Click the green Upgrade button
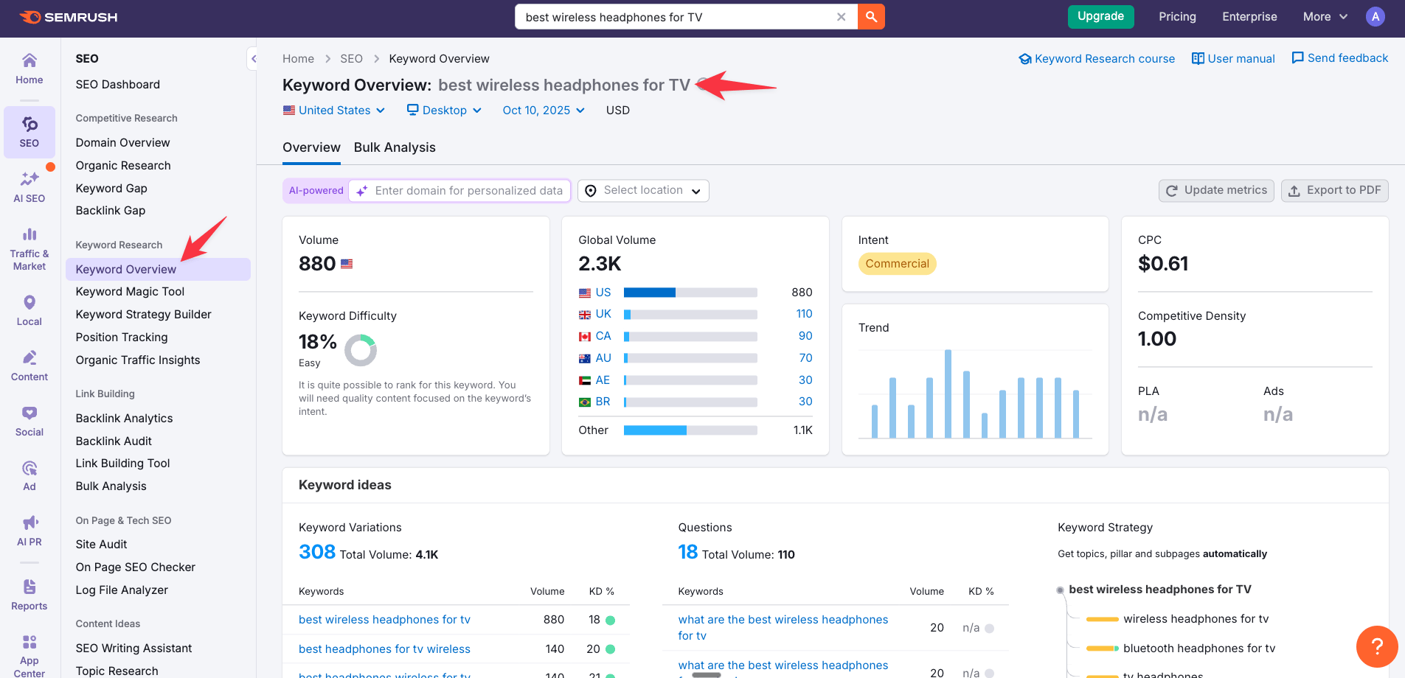pyautogui.click(x=1100, y=16)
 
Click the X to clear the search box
pyautogui.click(x=841, y=17)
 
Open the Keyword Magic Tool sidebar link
pyautogui.click(x=130, y=292)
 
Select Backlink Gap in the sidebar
pyautogui.click(x=111, y=211)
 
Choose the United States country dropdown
pyautogui.click(x=334, y=111)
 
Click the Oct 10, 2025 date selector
pyautogui.click(x=543, y=111)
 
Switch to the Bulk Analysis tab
pyautogui.click(x=395, y=147)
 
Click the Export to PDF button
pyautogui.click(x=1334, y=190)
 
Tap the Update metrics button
pyautogui.click(x=1215, y=190)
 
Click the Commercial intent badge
pyautogui.click(x=897, y=264)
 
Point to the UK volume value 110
pyautogui.click(x=804, y=314)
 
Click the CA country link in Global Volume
pyautogui.click(x=603, y=336)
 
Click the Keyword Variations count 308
pyautogui.click(x=317, y=552)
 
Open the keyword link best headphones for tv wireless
pyautogui.click(x=384, y=649)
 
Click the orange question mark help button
pyautogui.click(x=1376, y=646)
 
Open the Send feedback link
pyautogui.click(x=1339, y=58)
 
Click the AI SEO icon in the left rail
pyautogui.click(x=30, y=186)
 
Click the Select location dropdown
pyautogui.click(x=643, y=191)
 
